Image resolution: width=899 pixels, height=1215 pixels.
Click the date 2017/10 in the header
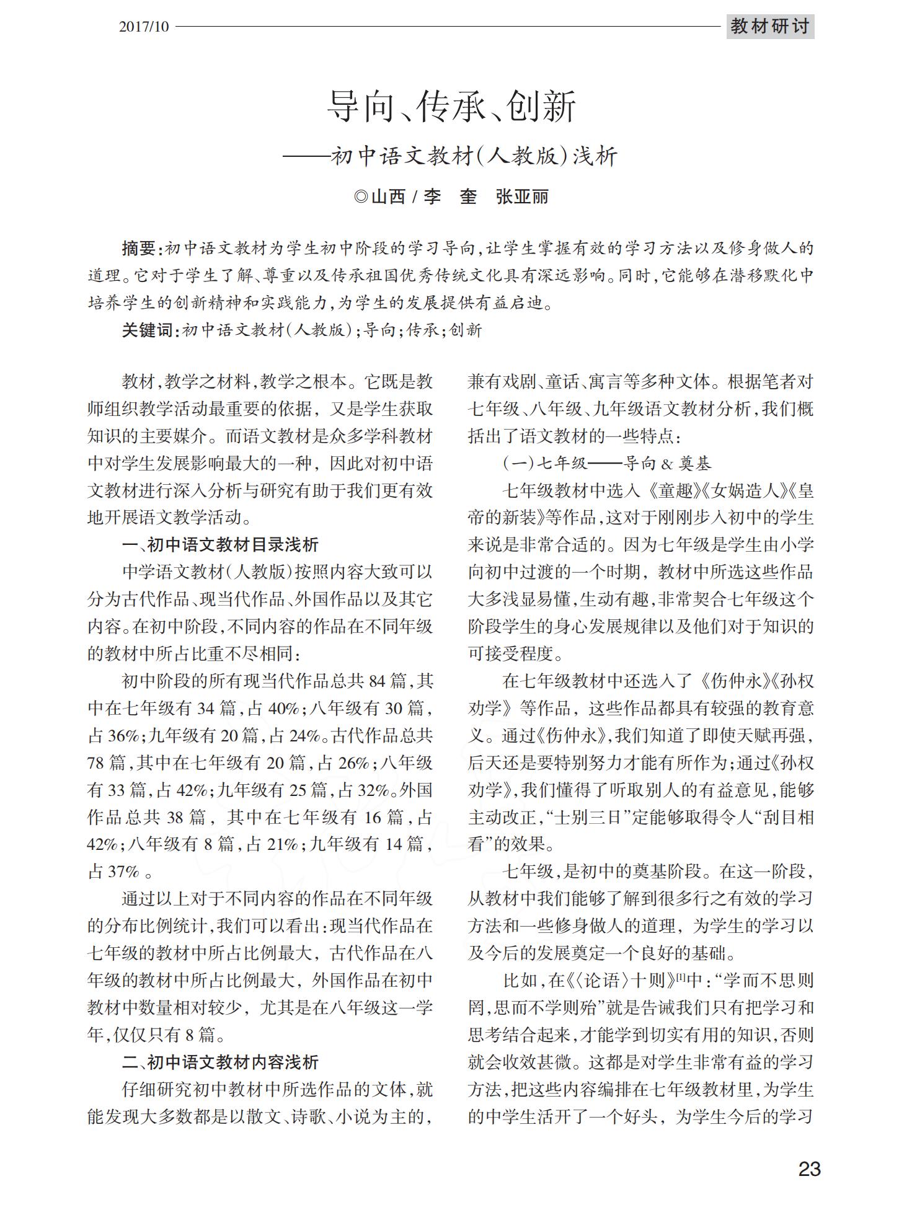tap(143, 27)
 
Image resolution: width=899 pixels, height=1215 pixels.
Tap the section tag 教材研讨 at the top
tap(769, 27)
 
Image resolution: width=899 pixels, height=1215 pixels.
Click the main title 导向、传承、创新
tap(451, 107)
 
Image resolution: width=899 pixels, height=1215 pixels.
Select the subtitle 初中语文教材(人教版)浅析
tap(474, 156)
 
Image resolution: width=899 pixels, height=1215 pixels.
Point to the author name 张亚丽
tap(522, 197)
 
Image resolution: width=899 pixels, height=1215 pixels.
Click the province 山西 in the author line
tap(388, 197)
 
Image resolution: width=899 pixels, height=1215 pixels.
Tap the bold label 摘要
tap(138, 249)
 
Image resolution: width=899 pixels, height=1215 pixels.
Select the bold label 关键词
tap(147, 330)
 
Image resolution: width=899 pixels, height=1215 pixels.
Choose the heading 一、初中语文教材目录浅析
tap(220, 545)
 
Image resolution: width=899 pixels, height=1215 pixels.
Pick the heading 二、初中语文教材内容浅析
tap(220, 1063)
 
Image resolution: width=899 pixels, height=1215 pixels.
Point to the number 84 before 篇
tap(377, 681)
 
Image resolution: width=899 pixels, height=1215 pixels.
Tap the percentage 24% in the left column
tap(303, 736)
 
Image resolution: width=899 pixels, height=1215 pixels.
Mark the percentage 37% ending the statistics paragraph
tap(123, 872)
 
